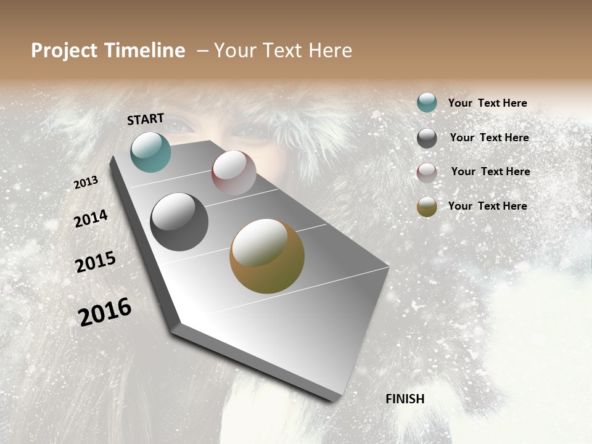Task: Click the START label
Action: (146, 119)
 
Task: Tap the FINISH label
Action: (405, 399)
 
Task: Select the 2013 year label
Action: (86, 183)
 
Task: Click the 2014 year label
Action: (91, 218)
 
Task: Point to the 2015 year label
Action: (96, 262)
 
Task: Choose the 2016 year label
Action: (105, 311)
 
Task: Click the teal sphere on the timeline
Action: (150, 152)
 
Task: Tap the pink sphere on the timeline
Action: (234, 173)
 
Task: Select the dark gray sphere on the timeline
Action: (179, 222)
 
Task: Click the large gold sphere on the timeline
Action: (267, 256)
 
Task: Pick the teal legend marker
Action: (427, 103)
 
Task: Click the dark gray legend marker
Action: (427, 138)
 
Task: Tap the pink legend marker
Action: (427, 172)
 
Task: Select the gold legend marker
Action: (427, 207)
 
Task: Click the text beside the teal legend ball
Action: (487, 103)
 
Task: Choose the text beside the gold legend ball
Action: (487, 206)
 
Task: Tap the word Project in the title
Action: (64, 51)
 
